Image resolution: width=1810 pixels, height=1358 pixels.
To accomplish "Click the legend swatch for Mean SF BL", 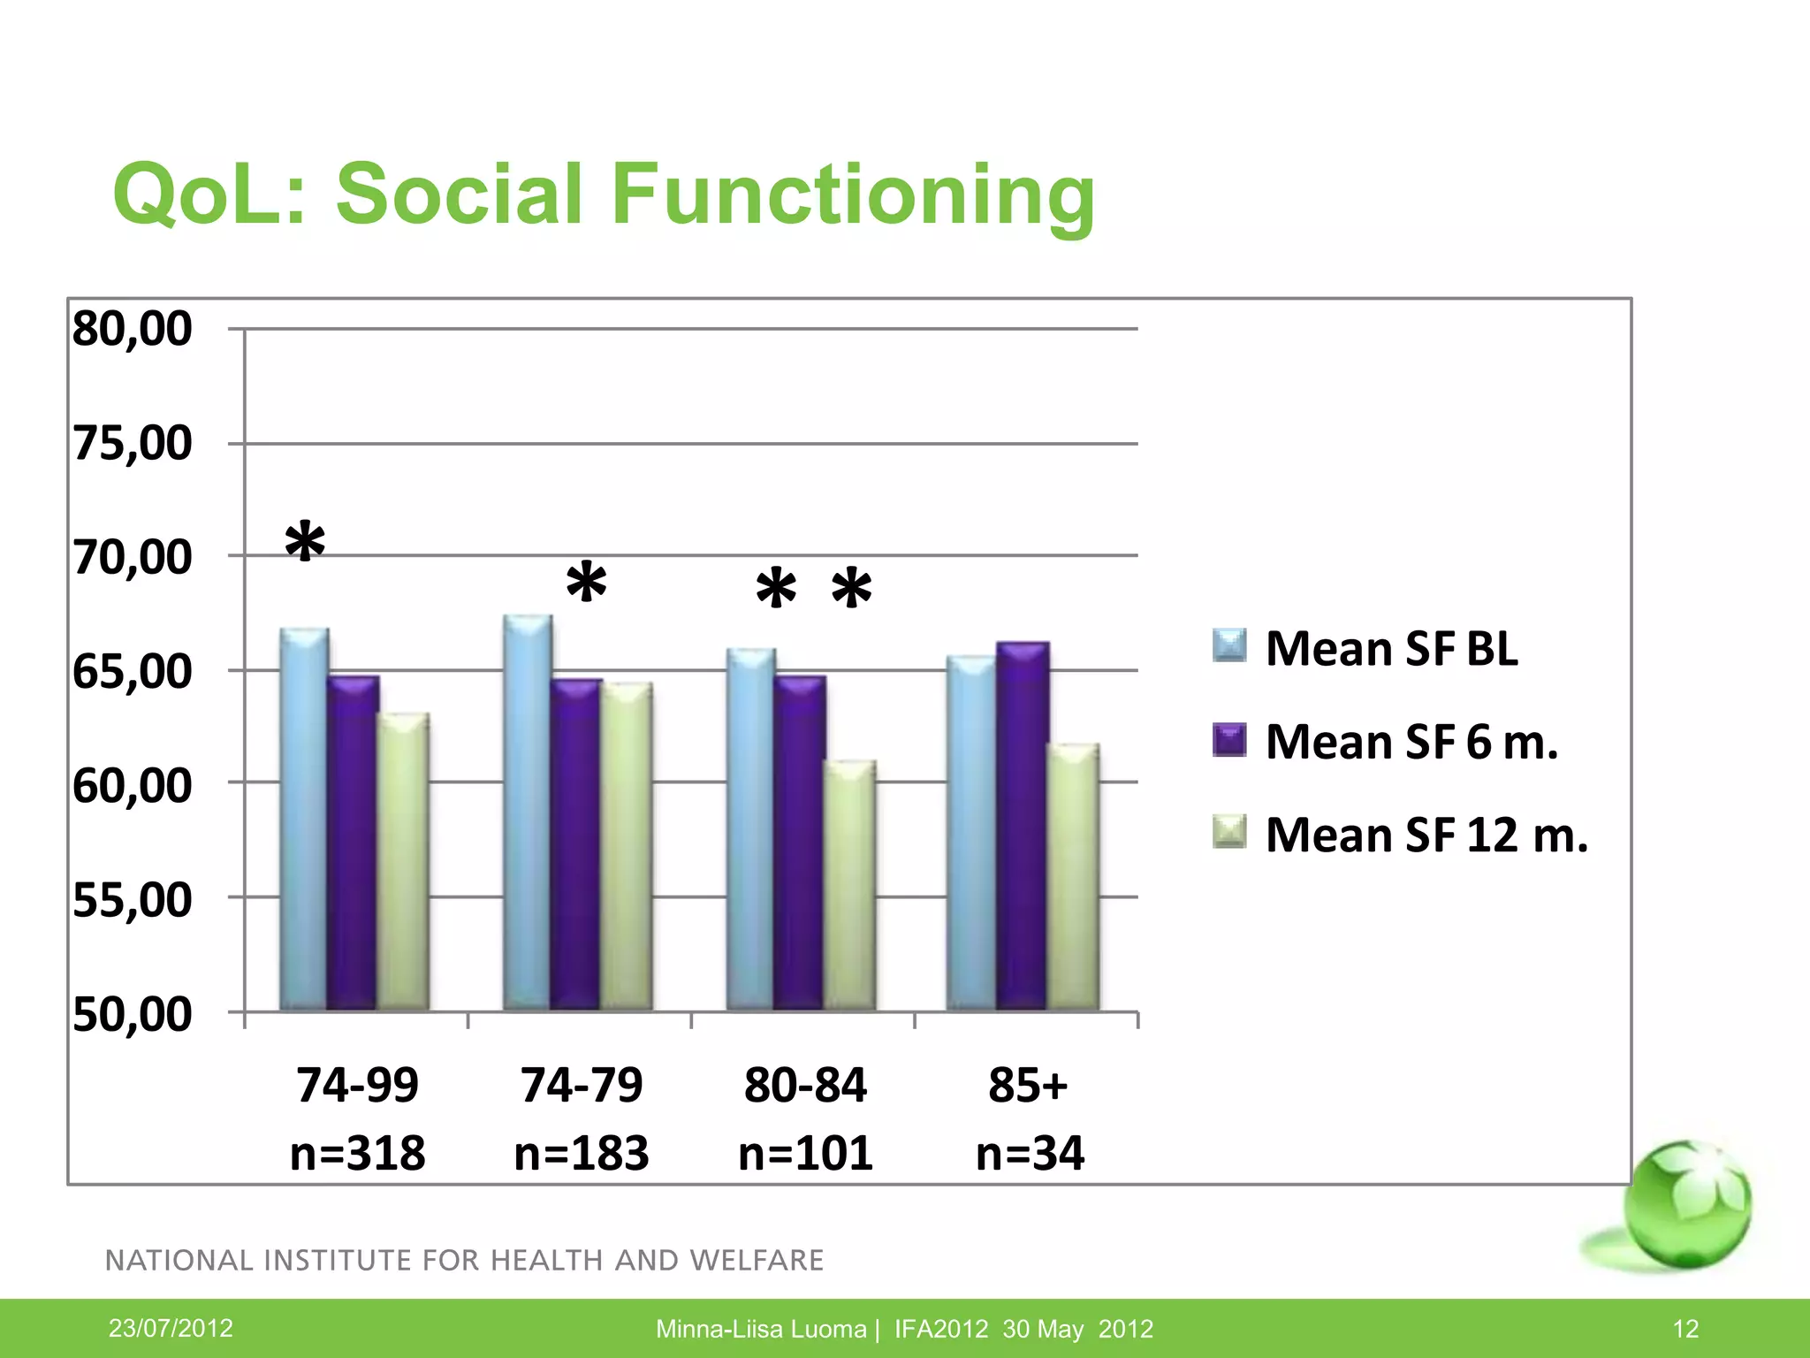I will (x=1229, y=646).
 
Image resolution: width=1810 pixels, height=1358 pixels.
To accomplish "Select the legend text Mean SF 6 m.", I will (x=1411, y=742).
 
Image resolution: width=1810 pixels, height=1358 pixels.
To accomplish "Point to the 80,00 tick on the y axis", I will (x=132, y=329).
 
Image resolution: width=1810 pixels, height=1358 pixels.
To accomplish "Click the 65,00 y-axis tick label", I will (x=132, y=672).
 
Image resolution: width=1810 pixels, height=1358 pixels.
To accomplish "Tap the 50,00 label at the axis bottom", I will (x=132, y=1014).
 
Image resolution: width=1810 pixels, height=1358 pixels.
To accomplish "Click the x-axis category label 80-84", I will (x=805, y=1085).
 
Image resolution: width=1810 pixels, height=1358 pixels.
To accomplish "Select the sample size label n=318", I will (x=358, y=1153).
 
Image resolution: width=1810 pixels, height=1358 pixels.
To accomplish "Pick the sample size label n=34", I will (x=1030, y=1153).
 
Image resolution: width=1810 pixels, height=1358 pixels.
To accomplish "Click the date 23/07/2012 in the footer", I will (x=171, y=1328).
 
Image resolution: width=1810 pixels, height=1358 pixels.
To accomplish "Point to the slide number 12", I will (x=1685, y=1329).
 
